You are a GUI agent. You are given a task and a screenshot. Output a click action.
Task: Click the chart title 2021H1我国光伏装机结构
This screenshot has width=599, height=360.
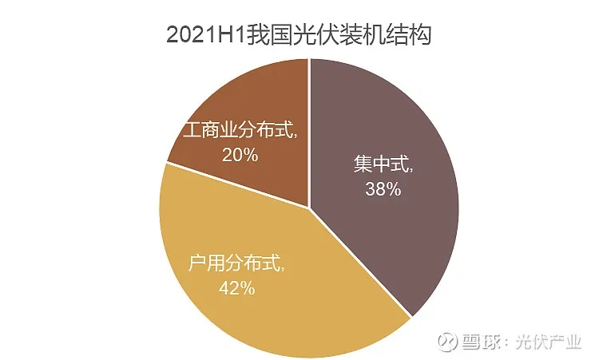(299, 36)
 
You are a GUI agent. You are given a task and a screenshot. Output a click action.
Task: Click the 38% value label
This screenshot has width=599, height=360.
(383, 189)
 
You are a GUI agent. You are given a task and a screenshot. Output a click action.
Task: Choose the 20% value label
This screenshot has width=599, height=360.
(240, 155)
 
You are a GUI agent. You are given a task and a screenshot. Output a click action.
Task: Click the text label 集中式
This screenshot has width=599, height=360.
(383, 167)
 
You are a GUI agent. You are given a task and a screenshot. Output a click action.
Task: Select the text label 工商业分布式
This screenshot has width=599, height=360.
(240, 130)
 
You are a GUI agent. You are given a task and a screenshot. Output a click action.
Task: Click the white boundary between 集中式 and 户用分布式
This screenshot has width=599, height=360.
(359, 255)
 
